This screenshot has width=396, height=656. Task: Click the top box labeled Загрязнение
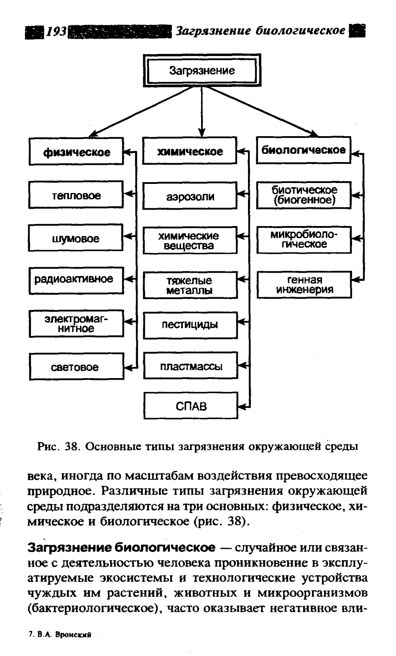coord(201,71)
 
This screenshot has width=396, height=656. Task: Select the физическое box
coord(76,151)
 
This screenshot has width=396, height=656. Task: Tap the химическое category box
coord(190,151)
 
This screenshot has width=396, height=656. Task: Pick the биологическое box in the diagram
coord(303,150)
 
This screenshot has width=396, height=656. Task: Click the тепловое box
coord(76,196)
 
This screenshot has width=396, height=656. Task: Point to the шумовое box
coord(76,239)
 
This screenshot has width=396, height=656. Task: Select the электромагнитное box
coord(76,324)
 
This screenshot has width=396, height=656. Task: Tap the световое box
coord(76,367)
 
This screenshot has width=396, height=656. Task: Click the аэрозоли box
coord(190,196)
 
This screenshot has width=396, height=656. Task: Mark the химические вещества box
coord(190,240)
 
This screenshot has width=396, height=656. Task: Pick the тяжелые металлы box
coord(190,285)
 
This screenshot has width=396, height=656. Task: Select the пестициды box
coord(190,325)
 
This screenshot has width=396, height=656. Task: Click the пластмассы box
coord(190,366)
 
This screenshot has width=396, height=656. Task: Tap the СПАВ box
coord(190,406)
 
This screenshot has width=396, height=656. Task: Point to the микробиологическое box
coord(303,240)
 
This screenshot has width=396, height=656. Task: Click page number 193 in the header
coord(56,31)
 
